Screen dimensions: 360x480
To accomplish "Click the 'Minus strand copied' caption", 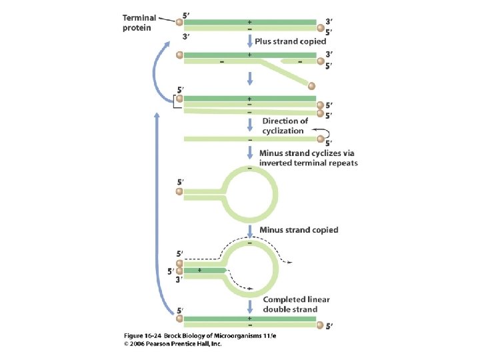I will point(299,230).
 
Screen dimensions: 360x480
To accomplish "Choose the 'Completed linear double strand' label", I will point(296,305).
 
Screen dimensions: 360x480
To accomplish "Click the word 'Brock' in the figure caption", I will point(169,336).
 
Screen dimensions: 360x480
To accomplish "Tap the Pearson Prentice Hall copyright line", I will point(173,345).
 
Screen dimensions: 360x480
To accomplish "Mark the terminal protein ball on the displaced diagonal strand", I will point(311,85).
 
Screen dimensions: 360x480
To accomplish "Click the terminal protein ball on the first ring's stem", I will point(179,193).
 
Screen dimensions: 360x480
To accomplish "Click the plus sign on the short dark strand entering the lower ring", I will point(199,270).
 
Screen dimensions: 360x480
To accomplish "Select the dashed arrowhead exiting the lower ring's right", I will point(288,263).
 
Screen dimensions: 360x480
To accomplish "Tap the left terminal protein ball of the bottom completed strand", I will point(179,319).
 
